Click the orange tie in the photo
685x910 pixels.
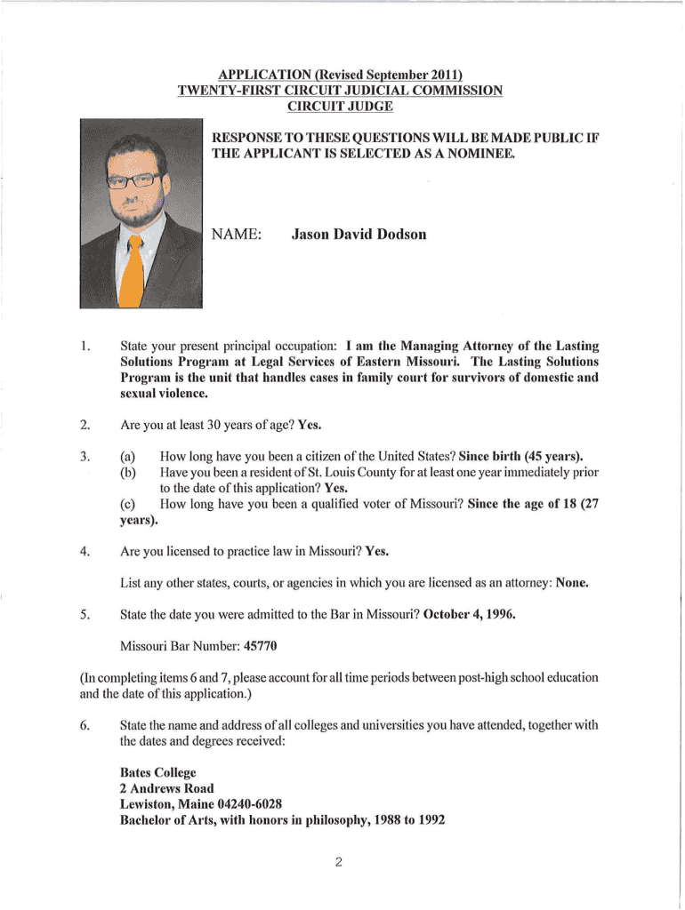134,270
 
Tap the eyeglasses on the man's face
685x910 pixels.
133,180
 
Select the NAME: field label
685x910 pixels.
236,235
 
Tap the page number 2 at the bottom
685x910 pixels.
339,862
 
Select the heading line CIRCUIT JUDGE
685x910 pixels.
339,106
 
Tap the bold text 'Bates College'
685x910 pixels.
157,772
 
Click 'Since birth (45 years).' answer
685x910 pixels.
520,456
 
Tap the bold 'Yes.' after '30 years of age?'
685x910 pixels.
310,424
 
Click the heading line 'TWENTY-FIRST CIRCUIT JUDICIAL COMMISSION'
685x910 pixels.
340,90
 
